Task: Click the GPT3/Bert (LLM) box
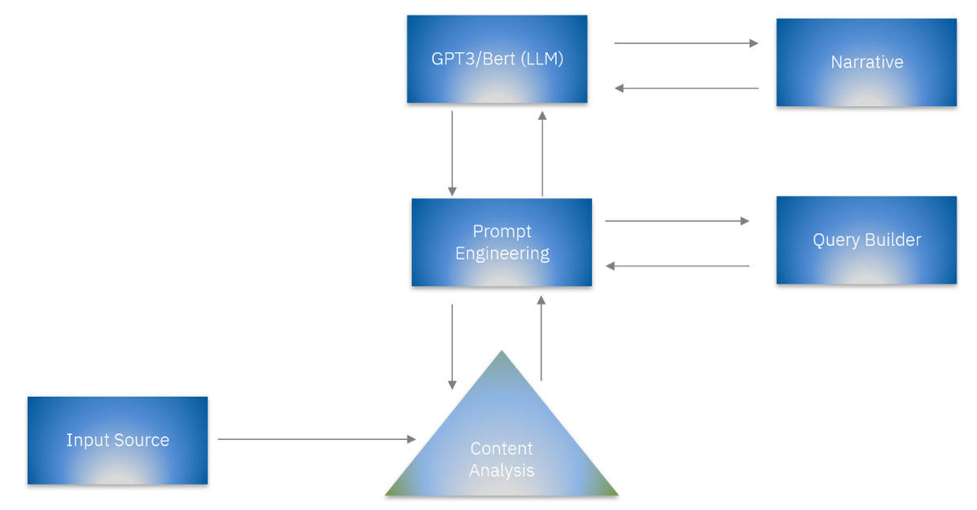click(497, 59)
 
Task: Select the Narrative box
click(866, 62)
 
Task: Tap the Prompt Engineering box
click(502, 242)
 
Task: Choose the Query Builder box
click(866, 240)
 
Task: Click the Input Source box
click(117, 440)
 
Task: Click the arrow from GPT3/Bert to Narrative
click(686, 43)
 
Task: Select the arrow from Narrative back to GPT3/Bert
click(686, 88)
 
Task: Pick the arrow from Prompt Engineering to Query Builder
click(677, 221)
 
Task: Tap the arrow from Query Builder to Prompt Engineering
click(677, 266)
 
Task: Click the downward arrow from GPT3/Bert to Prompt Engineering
click(452, 153)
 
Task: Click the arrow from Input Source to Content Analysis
click(316, 439)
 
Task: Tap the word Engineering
click(502, 253)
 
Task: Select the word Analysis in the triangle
click(502, 470)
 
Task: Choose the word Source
click(141, 440)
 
